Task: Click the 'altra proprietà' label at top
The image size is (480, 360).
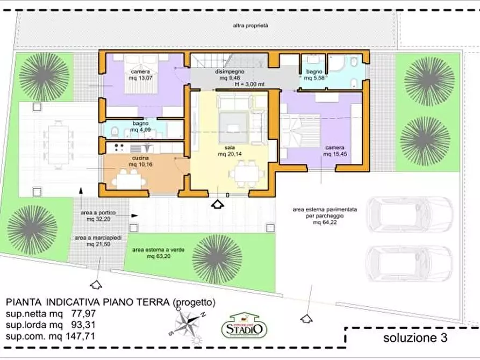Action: [x=250, y=25]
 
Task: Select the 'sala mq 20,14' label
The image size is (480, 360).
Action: [x=229, y=151]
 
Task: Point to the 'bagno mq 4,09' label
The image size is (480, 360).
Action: [x=140, y=126]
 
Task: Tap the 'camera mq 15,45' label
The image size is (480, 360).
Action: [x=334, y=150]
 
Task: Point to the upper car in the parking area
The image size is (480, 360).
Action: [x=409, y=215]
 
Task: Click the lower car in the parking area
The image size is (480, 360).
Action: [x=409, y=264]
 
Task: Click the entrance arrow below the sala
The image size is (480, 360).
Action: [x=218, y=204]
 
